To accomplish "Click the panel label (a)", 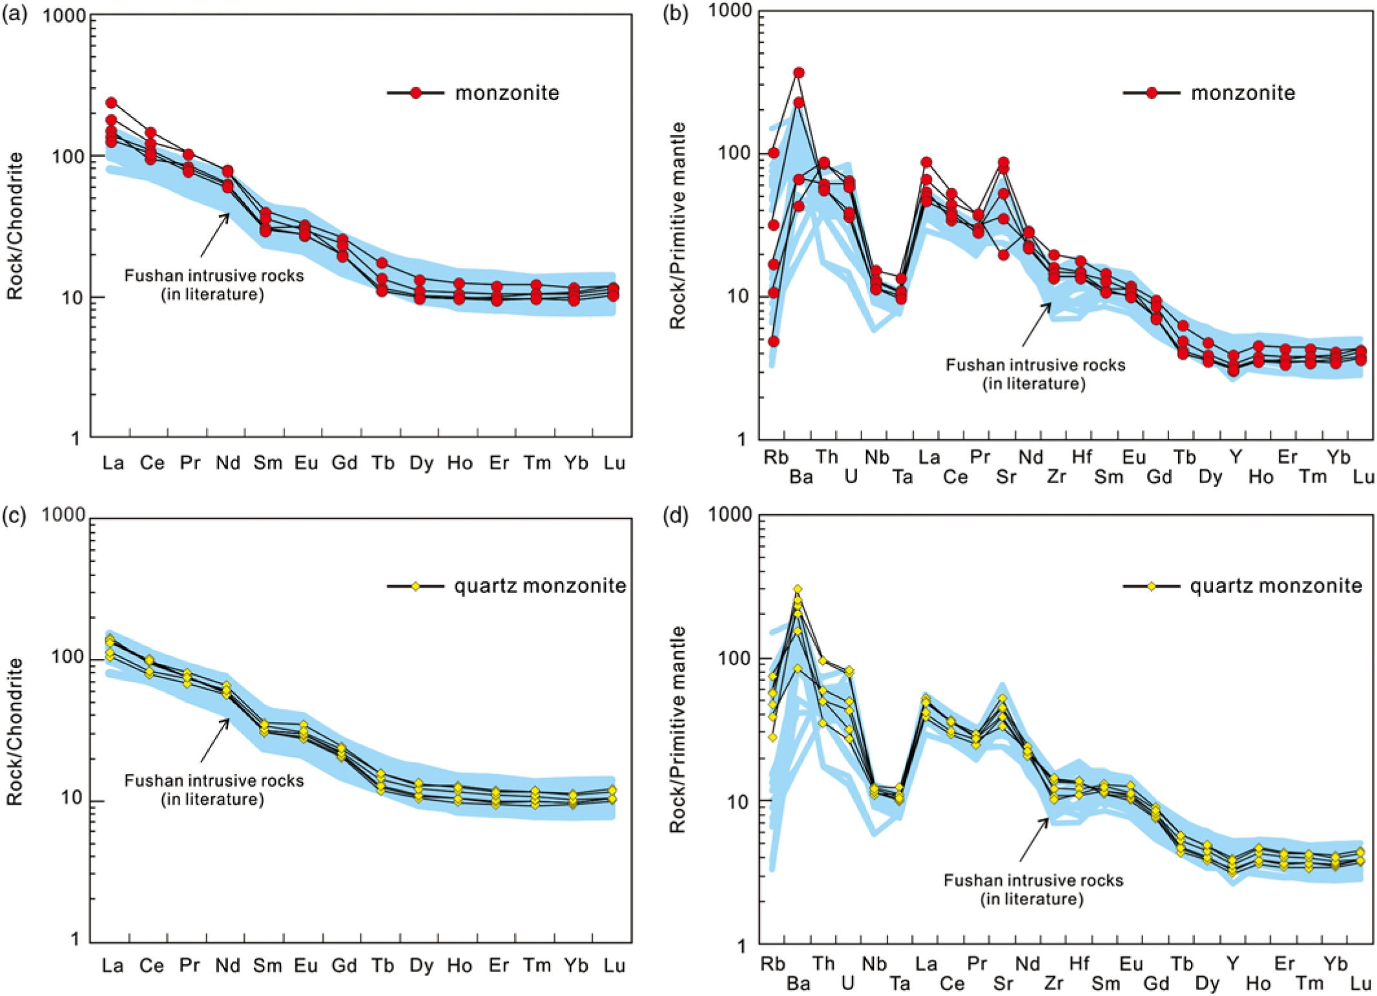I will pos(14,14).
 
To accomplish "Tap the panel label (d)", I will pos(675,516).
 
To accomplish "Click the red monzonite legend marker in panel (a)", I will pos(416,93).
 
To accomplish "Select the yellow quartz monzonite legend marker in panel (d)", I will pos(1151,586).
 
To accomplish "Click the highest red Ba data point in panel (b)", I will pos(799,73).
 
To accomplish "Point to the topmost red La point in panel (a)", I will pos(111,103).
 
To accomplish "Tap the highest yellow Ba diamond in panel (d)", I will pos(798,589).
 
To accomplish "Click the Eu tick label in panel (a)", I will pos(306,462).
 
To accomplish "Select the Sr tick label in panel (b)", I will pos(1006,477).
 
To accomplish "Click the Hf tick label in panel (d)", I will pos(1079,963).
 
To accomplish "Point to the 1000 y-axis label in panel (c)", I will pos(63,515).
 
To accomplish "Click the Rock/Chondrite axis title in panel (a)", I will pos(16,225).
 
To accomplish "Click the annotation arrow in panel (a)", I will pos(215,235).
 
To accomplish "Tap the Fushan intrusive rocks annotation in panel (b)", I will pos(1035,374).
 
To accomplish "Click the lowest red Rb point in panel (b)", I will pos(773,341).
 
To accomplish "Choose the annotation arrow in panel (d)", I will pos(1034,839).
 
